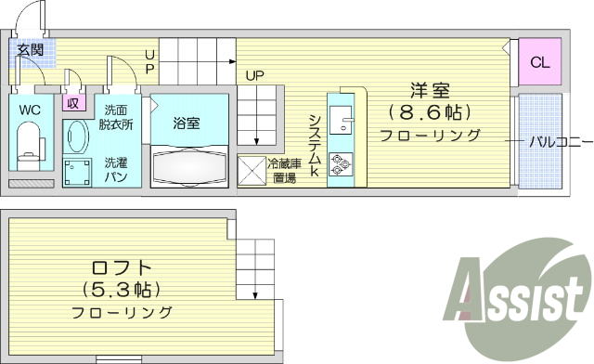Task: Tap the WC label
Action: pos(31,109)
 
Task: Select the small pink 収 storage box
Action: pos(71,104)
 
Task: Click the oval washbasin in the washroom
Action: pos(76,139)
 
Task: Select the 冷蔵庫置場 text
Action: pos(284,171)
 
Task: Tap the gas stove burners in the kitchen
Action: pos(339,164)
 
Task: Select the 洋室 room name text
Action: pos(430,90)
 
